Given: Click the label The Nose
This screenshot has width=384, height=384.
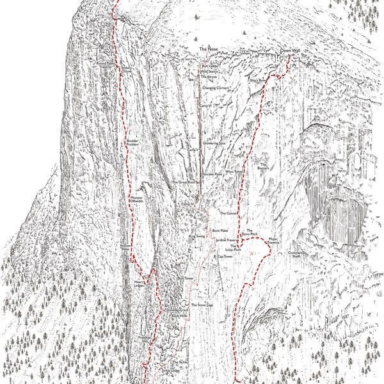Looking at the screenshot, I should pyautogui.click(x=209, y=49).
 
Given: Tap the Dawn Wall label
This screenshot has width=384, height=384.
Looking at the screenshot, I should pyautogui.click(x=291, y=50).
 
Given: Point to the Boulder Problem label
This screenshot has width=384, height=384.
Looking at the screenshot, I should pyautogui.click(x=132, y=142).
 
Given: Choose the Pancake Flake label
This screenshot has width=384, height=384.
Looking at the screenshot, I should pyautogui.click(x=212, y=173).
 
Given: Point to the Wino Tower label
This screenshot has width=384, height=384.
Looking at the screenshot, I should pyautogui.click(x=234, y=172).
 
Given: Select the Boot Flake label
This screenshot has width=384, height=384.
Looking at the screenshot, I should pyautogui.click(x=220, y=230).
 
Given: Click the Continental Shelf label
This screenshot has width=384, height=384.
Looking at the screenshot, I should pyautogui.click(x=295, y=254).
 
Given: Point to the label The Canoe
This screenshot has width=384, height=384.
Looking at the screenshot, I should pyautogui.click(x=229, y=213).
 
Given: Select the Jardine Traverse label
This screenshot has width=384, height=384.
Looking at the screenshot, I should pyautogui.click(x=227, y=240).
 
